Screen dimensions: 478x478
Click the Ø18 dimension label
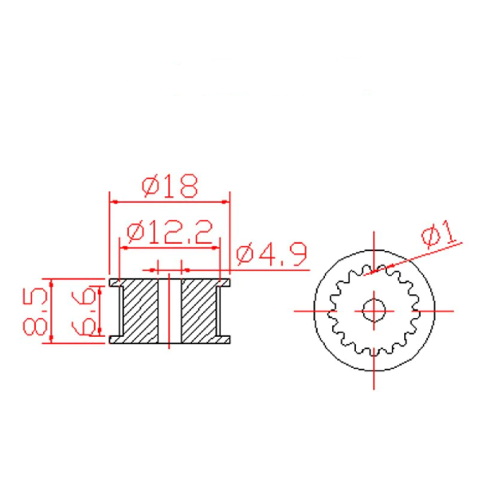(169, 187)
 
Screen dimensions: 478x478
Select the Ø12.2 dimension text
(169, 233)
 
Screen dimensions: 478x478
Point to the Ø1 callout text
(439, 235)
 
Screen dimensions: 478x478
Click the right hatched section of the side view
(199, 311)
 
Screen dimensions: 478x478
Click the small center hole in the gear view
(374, 310)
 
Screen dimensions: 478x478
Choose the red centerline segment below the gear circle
(374, 381)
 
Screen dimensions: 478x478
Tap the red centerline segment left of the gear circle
(304, 310)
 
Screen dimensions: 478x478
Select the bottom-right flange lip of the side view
(225, 339)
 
